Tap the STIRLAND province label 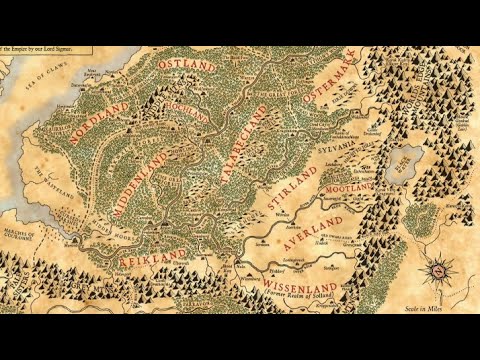point(293,188)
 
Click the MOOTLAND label point(344,186)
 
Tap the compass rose point(437,269)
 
